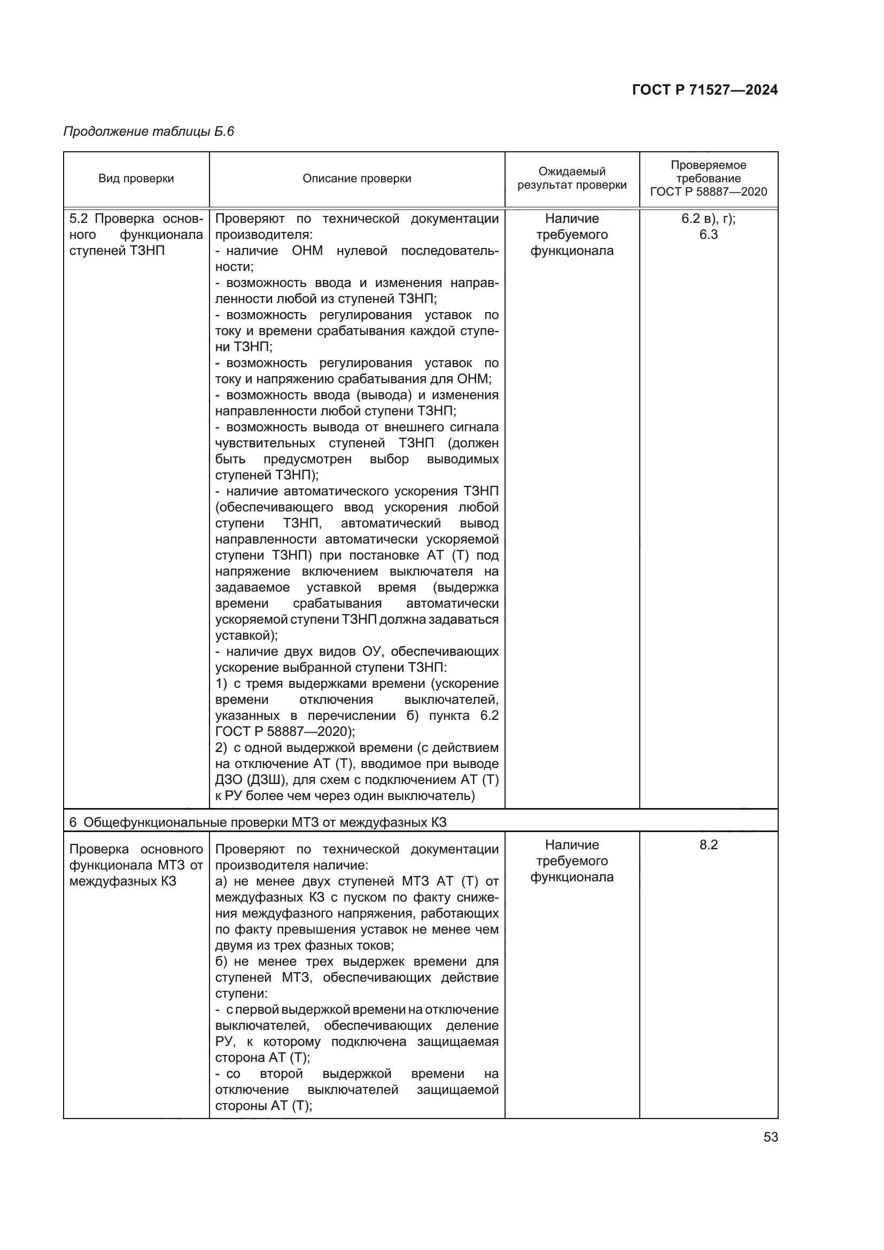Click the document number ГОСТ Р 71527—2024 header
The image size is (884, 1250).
(x=704, y=90)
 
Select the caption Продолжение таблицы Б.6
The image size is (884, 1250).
(x=149, y=131)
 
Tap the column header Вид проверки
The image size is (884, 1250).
(x=136, y=178)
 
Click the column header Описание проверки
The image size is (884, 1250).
(x=356, y=178)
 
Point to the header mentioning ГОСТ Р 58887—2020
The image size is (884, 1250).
(x=708, y=192)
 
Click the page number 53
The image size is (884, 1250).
(x=770, y=1137)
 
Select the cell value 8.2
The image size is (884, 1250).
(x=708, y=844)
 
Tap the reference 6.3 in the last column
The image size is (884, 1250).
(x=708, y=235)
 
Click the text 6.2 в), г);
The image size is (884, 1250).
(x=708, y=219)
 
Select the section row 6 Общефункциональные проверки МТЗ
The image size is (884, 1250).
(x=258, y=822)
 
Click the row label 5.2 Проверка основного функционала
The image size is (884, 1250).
(x=136, y=235)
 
